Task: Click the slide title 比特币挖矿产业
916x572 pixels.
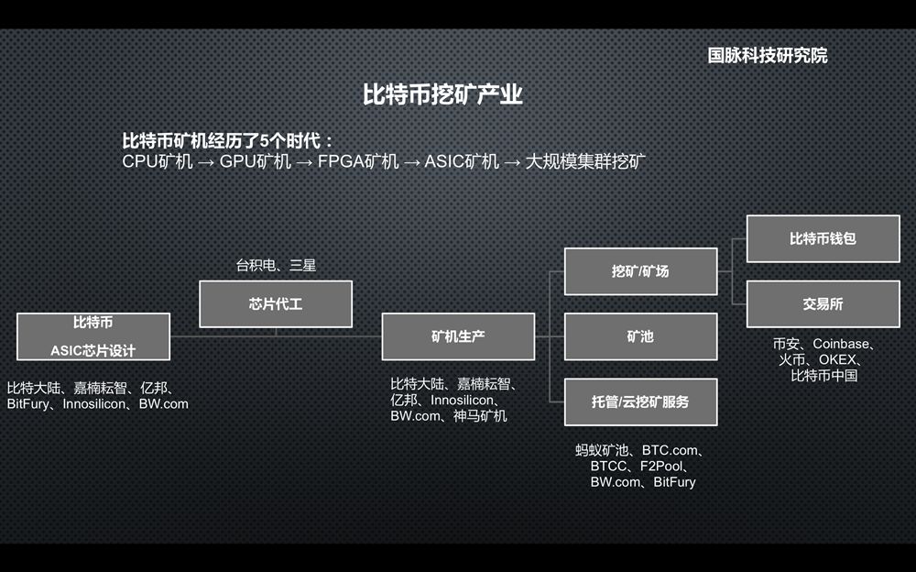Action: tap(442, 94)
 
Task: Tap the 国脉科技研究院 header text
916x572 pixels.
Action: tap(767, 55)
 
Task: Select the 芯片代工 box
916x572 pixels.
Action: tap(276, 303)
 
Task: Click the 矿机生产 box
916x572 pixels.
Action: tap(458, 336)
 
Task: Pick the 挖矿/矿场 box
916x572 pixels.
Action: tap(640, 271)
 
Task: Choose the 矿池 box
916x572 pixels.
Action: tap(640, 336)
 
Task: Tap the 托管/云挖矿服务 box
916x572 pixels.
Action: tap(640, 401)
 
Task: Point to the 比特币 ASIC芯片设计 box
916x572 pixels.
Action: tap(93, 336)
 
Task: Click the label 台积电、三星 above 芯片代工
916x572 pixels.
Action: tap(276, 266)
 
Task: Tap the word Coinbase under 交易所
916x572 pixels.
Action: tap(842, 345)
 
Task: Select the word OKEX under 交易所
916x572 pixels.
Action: tap(837, 360)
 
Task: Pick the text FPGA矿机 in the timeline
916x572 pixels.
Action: tap(358, 162)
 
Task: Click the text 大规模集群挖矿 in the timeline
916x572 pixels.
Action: tap(586, 162)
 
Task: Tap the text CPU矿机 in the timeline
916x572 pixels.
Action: tap(158, 162)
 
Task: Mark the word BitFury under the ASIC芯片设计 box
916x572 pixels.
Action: tap(27, 403)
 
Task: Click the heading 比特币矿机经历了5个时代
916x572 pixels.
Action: tap(228, 141)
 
